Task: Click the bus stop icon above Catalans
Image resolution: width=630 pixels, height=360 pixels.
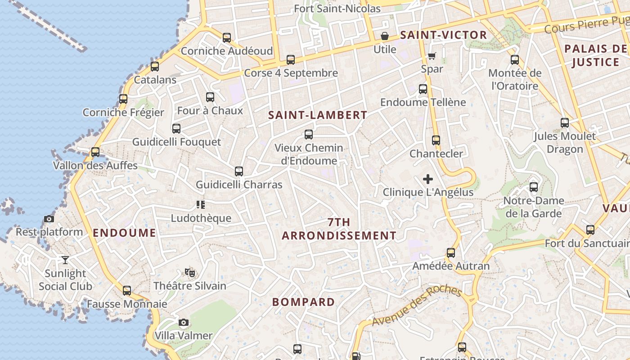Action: pyautogui.click(x=155, y=67)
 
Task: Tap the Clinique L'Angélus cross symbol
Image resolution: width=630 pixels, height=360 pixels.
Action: pyautogui.click(x=428, y=180)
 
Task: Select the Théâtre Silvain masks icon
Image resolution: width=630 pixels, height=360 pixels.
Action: pyautogui.click(x=190, y=272)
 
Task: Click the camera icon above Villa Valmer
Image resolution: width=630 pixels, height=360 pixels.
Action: pyautogui.click(x=183, y=322)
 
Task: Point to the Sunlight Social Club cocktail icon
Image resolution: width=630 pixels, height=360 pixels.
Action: pyautogui.click(x=65, y=260)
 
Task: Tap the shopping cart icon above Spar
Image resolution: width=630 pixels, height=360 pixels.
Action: pyautogui.click(x=432, y=56)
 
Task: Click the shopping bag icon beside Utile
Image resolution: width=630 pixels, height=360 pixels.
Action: pyautogui.click(x=385, y=36)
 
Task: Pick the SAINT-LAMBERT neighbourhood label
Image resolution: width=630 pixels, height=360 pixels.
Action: pyautogui.click(x=318, y=115)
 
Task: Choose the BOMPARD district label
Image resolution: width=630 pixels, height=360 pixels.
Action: pyautogui.click(x=303, y=302)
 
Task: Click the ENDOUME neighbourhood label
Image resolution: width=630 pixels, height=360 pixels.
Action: pyautogui.click(x=124, y=233)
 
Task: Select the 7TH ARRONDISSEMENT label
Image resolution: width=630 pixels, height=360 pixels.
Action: pyautogui.click(x=339, y=229)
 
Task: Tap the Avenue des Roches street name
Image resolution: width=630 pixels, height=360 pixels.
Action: pyautogui.click(x=417, y=306)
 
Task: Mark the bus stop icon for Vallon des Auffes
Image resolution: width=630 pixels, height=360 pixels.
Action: pyautogui.click(x=95, y=152)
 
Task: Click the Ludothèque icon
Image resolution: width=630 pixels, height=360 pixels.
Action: pyautogui.click(x=201, y=205)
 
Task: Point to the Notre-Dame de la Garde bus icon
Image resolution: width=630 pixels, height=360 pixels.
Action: pyautogui.click(x=534, y=187)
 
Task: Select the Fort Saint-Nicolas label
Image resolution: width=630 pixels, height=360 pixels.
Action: pyautogui.click(x=337, y=9)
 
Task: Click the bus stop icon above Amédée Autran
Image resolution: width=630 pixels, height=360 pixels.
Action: pyautogui.click(x=451, y=253)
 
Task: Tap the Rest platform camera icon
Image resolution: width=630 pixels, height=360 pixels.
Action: pyautogui.click(x=49, y=219)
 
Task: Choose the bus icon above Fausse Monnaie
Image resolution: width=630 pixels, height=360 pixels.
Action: pyautogui.click(x=127, y=291)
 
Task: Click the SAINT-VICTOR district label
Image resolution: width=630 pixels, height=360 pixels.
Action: pyautogui.click(x=443, y=35)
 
